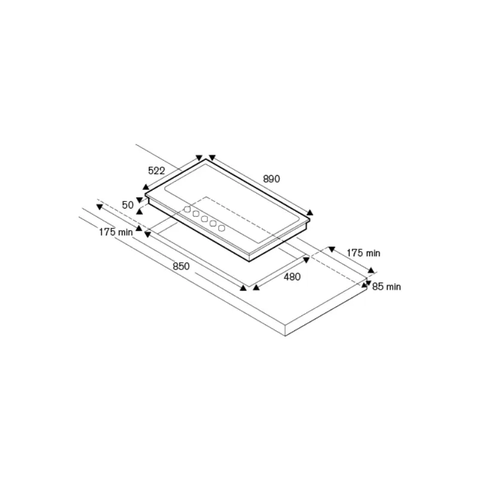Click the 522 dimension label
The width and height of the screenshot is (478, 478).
pyautogui.click(x=157, y=170)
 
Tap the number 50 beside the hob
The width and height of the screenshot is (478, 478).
pyautogui.click(x=127, y=205)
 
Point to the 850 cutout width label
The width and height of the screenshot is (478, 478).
pyautogui.click(x=181, y=266)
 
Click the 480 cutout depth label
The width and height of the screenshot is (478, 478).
pyautogui.click(x=292, y=277)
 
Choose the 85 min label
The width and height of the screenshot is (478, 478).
pyautogui.click(x=386, y=287)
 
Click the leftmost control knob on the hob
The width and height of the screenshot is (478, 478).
pyautogui.click(x=187, y=210)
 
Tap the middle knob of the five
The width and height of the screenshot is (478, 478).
pyautogui.click(x=204, y=219)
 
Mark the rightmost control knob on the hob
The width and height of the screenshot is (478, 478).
pyautogui.click(x=221, y=228)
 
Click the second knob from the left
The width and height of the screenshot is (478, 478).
pyautogui.click(x=195, y=215)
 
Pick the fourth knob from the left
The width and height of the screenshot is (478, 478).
pyautogui.click(x=213, y=223)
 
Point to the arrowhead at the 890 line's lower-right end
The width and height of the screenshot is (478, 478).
pyautogui.click(x=310, y=212)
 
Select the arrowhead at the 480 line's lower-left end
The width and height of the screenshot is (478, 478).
pyautogui.click(x=255, y=288)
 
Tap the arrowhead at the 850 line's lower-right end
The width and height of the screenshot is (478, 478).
pyautogui.click(x=243, y=288)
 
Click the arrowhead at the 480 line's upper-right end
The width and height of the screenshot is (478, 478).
pyautogui.click(x=307, y=259)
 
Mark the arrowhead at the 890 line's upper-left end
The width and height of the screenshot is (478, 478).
pyautogui.click(x=210, y=158)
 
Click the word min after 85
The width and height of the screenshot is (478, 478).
pyautogui.click(x=393, y=287)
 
